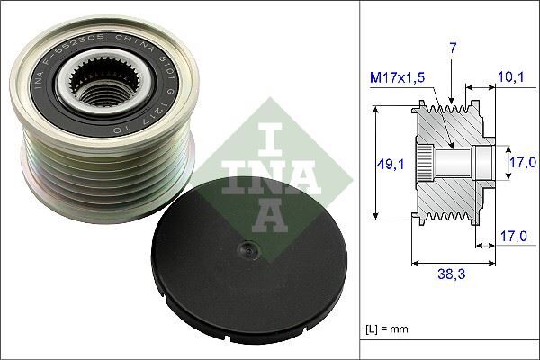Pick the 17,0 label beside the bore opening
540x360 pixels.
click(522, 162)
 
